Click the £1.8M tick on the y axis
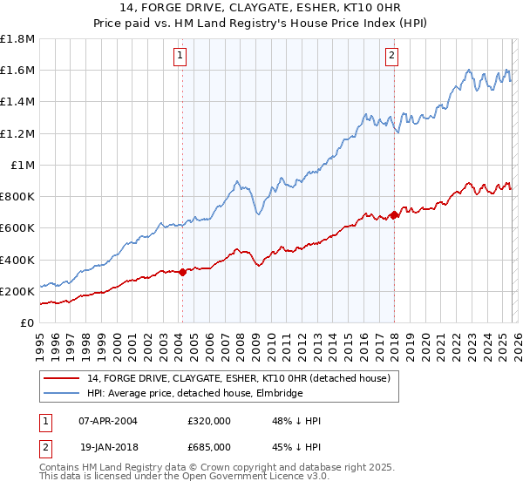18,39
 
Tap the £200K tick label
17,291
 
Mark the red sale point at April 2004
182,272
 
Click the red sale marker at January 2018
394,214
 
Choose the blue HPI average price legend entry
194,394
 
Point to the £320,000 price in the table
209,421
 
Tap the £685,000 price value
209,446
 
